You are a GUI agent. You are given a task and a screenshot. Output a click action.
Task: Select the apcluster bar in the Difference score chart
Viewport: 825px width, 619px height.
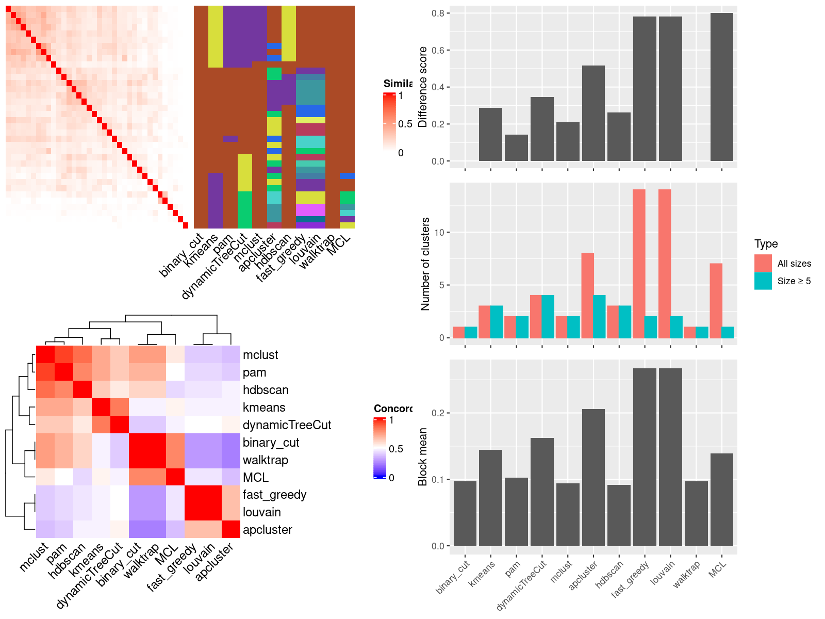(593, 113)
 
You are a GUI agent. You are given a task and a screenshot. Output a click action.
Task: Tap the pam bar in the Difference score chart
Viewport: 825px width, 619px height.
(516, 148)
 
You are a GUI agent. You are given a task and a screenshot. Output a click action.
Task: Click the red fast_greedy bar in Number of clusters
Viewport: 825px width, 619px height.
(639, 264)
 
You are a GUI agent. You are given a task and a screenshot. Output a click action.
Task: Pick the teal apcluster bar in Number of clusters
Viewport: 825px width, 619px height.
(600, 316)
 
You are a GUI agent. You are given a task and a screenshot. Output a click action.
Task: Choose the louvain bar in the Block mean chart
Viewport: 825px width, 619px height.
(670, 457)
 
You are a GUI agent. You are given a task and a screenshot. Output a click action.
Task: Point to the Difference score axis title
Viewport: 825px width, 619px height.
(423, 87)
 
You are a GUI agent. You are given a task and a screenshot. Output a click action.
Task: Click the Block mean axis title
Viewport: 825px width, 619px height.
(423, 457)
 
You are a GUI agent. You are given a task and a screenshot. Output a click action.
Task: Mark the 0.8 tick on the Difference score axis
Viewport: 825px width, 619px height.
(438, 13)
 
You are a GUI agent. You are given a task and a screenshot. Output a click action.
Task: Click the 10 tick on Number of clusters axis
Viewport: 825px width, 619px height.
(439, 232)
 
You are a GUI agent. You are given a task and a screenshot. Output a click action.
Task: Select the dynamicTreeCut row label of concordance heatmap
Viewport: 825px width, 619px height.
(287, 425)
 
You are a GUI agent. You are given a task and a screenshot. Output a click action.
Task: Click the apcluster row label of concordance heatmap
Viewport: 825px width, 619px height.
(267, 530)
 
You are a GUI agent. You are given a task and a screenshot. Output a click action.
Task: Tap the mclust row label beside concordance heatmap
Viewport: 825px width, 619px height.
(260, 355)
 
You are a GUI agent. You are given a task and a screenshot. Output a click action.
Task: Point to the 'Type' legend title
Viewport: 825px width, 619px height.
(766, 244)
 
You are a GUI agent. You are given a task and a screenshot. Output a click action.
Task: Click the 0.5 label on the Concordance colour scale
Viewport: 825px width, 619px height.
(396, 449)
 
